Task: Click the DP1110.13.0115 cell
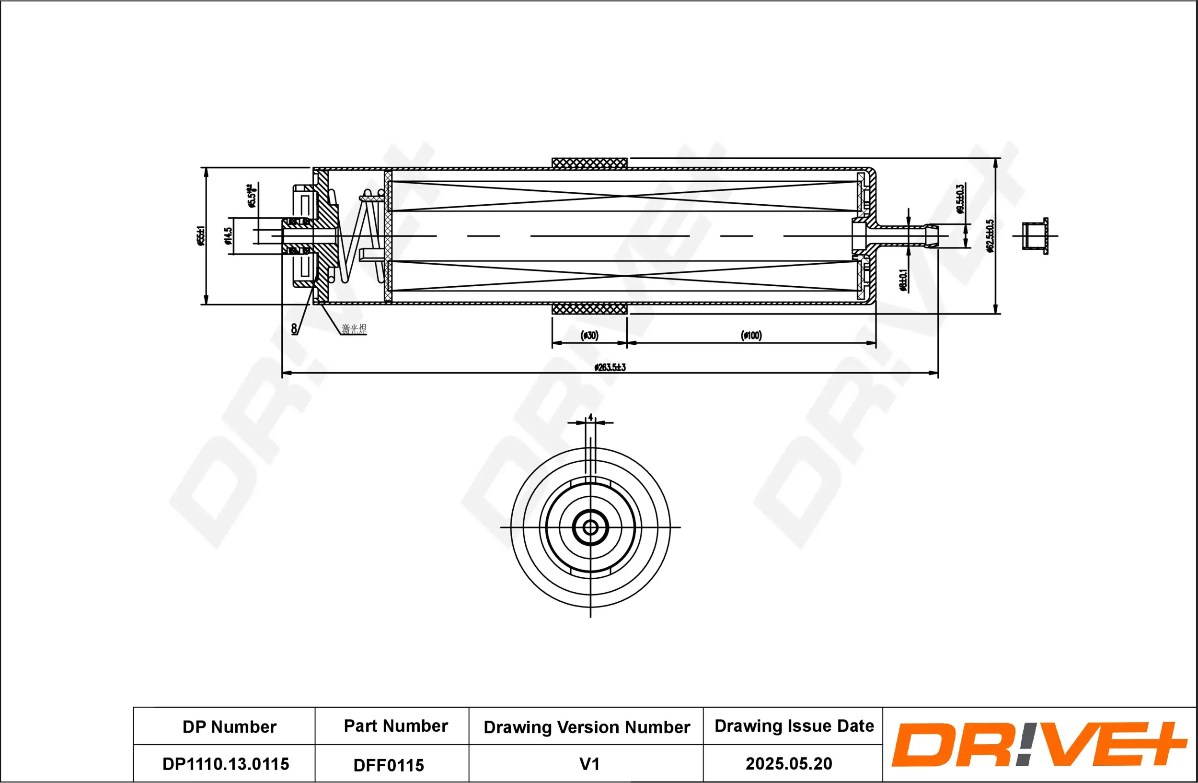[226, 764]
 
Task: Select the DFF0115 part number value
[389, 765]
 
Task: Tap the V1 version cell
[589, 764]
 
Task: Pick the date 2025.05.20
[789, 763]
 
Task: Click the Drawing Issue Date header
[795, 725]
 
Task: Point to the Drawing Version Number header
[587, 727]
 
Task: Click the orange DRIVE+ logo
[1037, 744]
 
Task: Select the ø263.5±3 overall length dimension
[610, 367]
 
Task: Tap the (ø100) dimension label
[751, 335]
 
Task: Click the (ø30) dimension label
[589, 335]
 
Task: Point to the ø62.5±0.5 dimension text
[990, 235]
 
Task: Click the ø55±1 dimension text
[202, 235]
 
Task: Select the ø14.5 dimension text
[228, 235]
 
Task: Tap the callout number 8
[294, 329]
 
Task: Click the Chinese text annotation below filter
[354, 329]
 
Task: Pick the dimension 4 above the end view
[590, 417]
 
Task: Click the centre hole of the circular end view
[590, 528]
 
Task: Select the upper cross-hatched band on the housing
[589, 163]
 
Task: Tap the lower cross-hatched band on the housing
[589, 309]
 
